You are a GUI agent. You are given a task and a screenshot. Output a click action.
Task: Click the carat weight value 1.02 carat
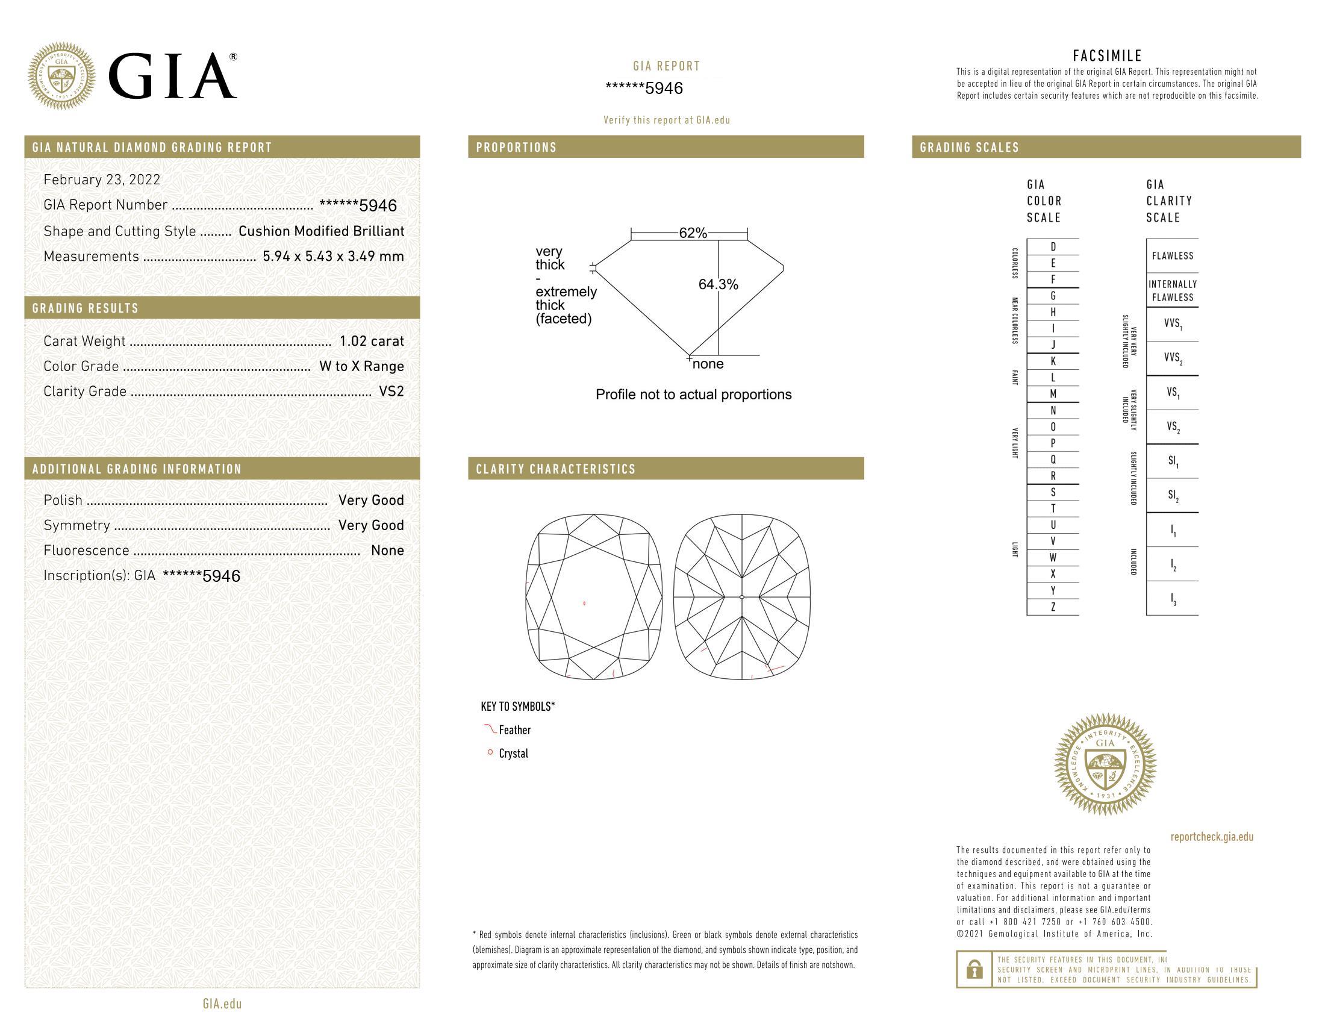[x=371, y=341]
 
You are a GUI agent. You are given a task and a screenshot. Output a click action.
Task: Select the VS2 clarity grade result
[x=391, y=392]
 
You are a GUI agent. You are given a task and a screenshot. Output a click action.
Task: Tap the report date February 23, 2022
[x=102, y=180]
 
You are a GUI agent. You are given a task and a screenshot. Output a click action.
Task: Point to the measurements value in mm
[x=333, y=256]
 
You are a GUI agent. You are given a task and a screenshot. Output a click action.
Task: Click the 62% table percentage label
[x=693, y=233]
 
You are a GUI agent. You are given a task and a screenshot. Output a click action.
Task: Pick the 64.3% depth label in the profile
[x=719, y=284]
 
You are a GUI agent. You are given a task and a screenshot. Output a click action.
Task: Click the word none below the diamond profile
[x=708, y=364]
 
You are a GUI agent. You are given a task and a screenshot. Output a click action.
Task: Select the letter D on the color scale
[x=1053, y=246]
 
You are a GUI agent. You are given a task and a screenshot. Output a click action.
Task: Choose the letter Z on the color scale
[x=1053, y=607]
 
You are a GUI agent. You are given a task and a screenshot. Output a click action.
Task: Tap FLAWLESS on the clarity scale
[x=1173, y=256]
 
